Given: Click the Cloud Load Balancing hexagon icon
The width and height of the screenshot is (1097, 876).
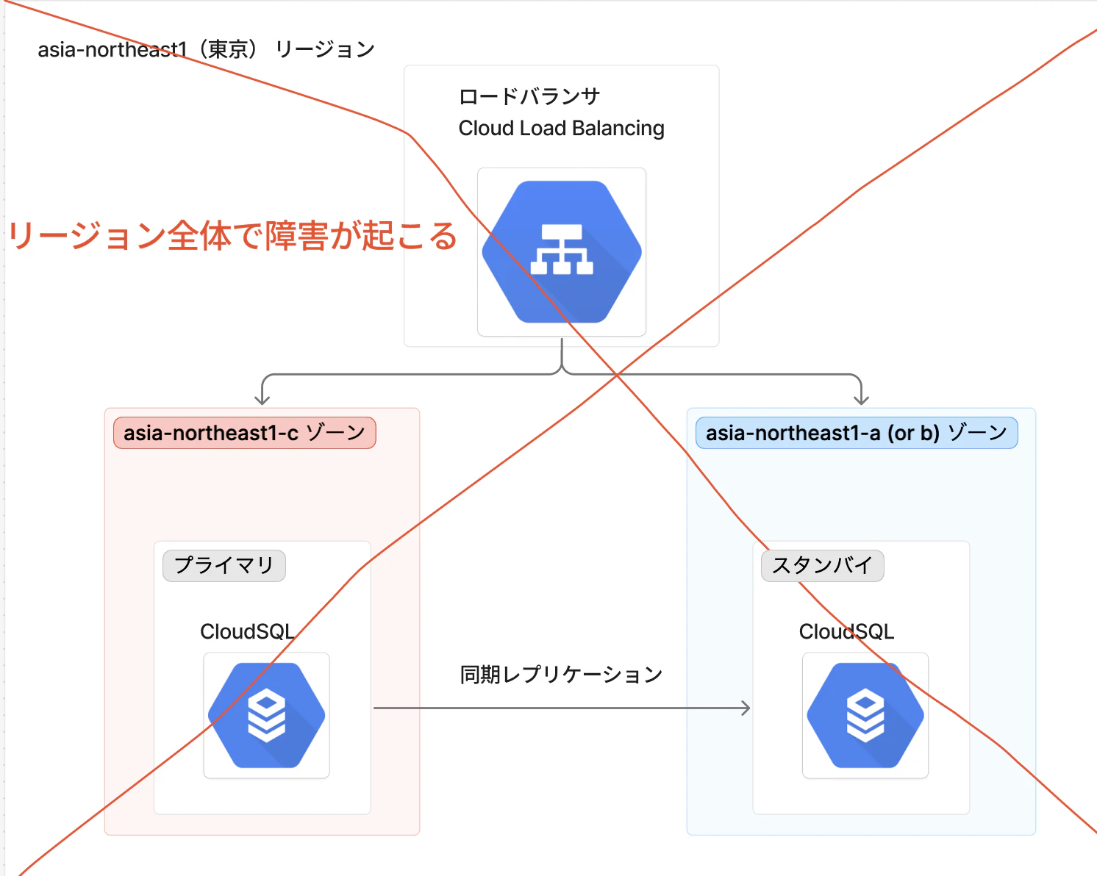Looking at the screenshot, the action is [562, 252].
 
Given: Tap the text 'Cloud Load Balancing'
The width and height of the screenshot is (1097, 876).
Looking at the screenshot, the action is [561, 129].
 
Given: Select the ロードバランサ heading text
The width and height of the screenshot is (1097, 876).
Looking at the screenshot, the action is [529, 96].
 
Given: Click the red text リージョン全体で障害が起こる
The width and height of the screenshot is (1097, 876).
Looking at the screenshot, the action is [233, 236].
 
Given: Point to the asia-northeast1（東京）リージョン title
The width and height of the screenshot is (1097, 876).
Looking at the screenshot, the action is [207, 49].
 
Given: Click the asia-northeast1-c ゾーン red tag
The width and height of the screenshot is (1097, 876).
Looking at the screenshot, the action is [245, 433].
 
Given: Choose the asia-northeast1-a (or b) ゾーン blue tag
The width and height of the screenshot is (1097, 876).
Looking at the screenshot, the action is [857, 433].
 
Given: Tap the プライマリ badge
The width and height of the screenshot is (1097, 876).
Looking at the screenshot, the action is [224, 566].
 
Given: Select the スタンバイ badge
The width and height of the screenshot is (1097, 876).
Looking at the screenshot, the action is [823, 566].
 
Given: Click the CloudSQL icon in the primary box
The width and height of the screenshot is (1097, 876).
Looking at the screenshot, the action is [267, 716].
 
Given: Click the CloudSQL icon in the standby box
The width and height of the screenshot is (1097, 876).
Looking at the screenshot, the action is [865, 716].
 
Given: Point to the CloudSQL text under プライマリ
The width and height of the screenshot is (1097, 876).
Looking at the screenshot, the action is [247, 632].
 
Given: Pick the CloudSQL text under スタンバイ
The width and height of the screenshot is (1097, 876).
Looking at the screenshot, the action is [846, 632].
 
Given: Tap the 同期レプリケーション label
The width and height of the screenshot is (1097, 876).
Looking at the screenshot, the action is [561, 675].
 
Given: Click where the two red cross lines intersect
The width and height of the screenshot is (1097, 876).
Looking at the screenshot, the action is [617, 376].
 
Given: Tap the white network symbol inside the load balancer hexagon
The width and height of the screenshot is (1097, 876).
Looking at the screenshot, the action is [562, 249].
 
